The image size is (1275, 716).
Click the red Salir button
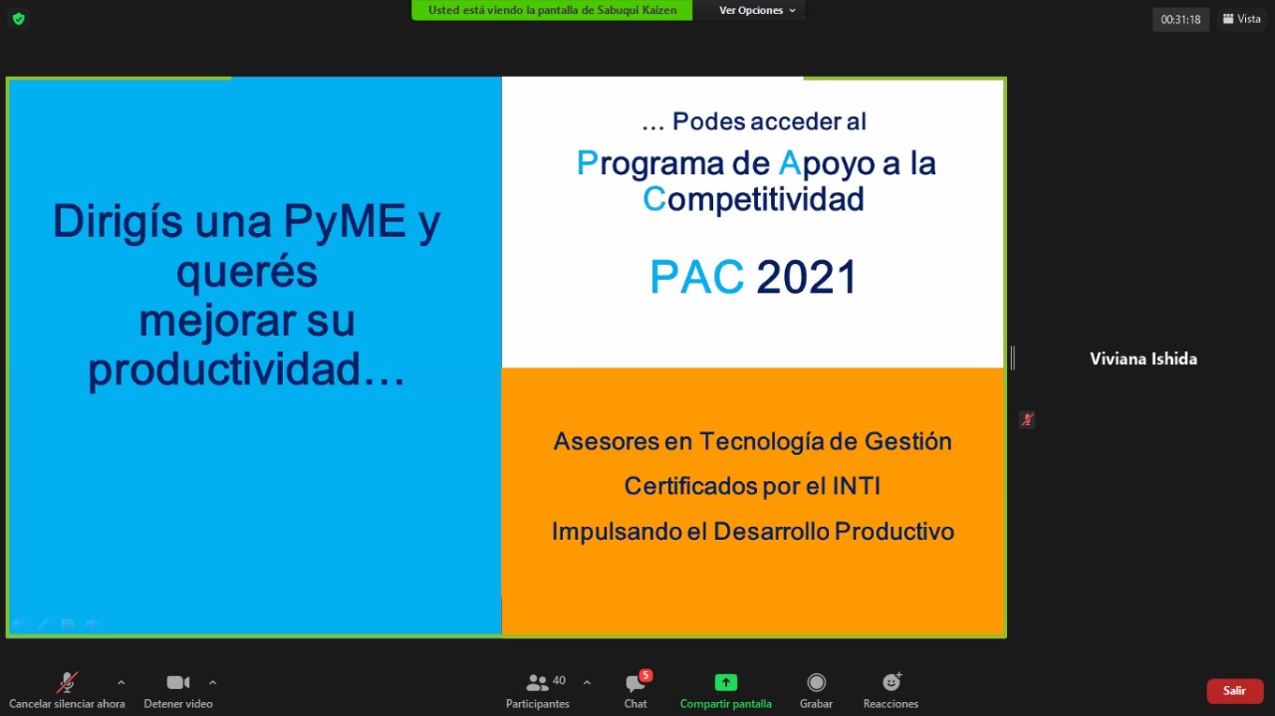click(x=1234, y=691)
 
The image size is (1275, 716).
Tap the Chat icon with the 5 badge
click(x=636, y=682)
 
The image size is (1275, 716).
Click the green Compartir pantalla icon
click(x=726, y=682)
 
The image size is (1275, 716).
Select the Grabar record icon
click(x=816, y=682)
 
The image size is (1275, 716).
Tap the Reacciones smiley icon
click(x=892, y=682)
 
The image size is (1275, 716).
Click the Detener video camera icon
click(x=178, y=682)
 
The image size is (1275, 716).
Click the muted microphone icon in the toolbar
click(x=67, y=682)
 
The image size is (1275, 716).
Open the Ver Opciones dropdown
click(x=757, y=10)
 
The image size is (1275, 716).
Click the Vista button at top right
click(x=1242, y=19)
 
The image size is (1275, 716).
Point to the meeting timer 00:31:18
click(x=1180, y=19)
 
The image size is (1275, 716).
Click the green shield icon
click(x=19, y=19)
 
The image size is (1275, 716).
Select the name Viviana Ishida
click(x=1143, y=359)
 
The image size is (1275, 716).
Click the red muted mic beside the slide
click(x=1027, y=420)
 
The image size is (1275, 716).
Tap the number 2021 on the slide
click(x=806, y=277)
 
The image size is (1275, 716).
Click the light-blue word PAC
click(x=696, y=277)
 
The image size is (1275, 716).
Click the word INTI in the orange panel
click(x=856, y=486)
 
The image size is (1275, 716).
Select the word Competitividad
click(x=753, y=199)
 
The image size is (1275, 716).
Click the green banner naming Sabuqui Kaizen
click(x=552, y=10)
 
